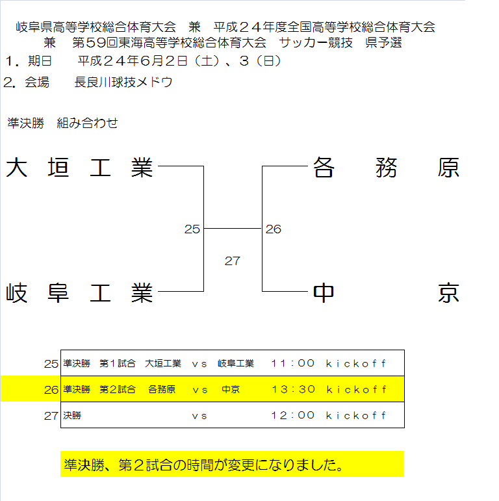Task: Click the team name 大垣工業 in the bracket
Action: (x=79, y=168)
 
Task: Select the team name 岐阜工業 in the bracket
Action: (x=79, y=292)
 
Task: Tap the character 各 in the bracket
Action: (x=324, y=168)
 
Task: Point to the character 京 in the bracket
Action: (x=448, y=292)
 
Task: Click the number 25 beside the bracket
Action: (x=192, y=229)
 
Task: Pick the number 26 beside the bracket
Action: (x=274, y=229)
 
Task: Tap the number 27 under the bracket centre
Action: (x=232, y=261)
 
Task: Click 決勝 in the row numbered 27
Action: (x=72, y=415)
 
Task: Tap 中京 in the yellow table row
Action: (x=231, y=389)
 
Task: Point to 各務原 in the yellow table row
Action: (x=162, y=389)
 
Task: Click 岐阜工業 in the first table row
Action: (x=236, y=363)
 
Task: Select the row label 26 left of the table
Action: (x=51, y=390)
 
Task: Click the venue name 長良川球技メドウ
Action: (x=123, y=83)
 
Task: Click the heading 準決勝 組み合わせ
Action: (x=62, y=123)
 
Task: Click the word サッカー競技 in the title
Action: (x=316, y=42)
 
